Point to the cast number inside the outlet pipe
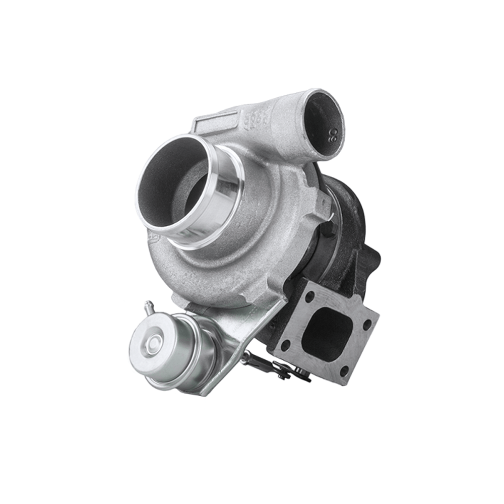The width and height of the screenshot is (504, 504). (x=333, y=134)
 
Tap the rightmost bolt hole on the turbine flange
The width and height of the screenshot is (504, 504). (x=367, y=323)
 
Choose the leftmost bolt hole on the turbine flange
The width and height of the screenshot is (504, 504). (x=285, y=345)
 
